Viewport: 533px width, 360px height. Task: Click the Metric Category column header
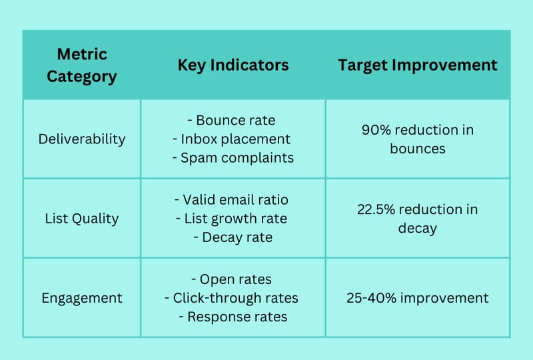click(82, 65)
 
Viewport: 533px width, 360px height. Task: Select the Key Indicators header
click(233, 65)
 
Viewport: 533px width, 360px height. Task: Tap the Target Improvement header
click(418, 65)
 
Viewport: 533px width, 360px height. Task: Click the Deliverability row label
click(82, 139)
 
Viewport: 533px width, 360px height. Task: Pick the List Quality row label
click(82, 219)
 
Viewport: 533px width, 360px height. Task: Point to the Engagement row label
click(82, 298)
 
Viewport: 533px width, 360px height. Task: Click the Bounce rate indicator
click(231, 120)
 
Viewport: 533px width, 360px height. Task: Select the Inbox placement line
click(231, 139)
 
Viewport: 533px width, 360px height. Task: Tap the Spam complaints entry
click(233, 158)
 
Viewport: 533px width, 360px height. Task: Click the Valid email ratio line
click(231, 200)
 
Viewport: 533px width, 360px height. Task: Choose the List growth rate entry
click(231, 219)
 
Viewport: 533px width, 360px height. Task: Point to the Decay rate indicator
click(233, 237)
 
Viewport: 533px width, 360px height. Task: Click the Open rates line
click(231, 279)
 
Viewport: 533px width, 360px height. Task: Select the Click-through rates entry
click(231, 298)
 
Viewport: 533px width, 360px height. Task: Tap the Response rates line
click(233, 317)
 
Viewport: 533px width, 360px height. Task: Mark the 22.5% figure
click(376, 209)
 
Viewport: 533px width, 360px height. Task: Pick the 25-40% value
click(371, 298)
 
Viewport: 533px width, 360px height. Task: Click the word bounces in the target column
click(418, 149)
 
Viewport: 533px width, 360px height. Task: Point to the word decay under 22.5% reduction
click(418, 228)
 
